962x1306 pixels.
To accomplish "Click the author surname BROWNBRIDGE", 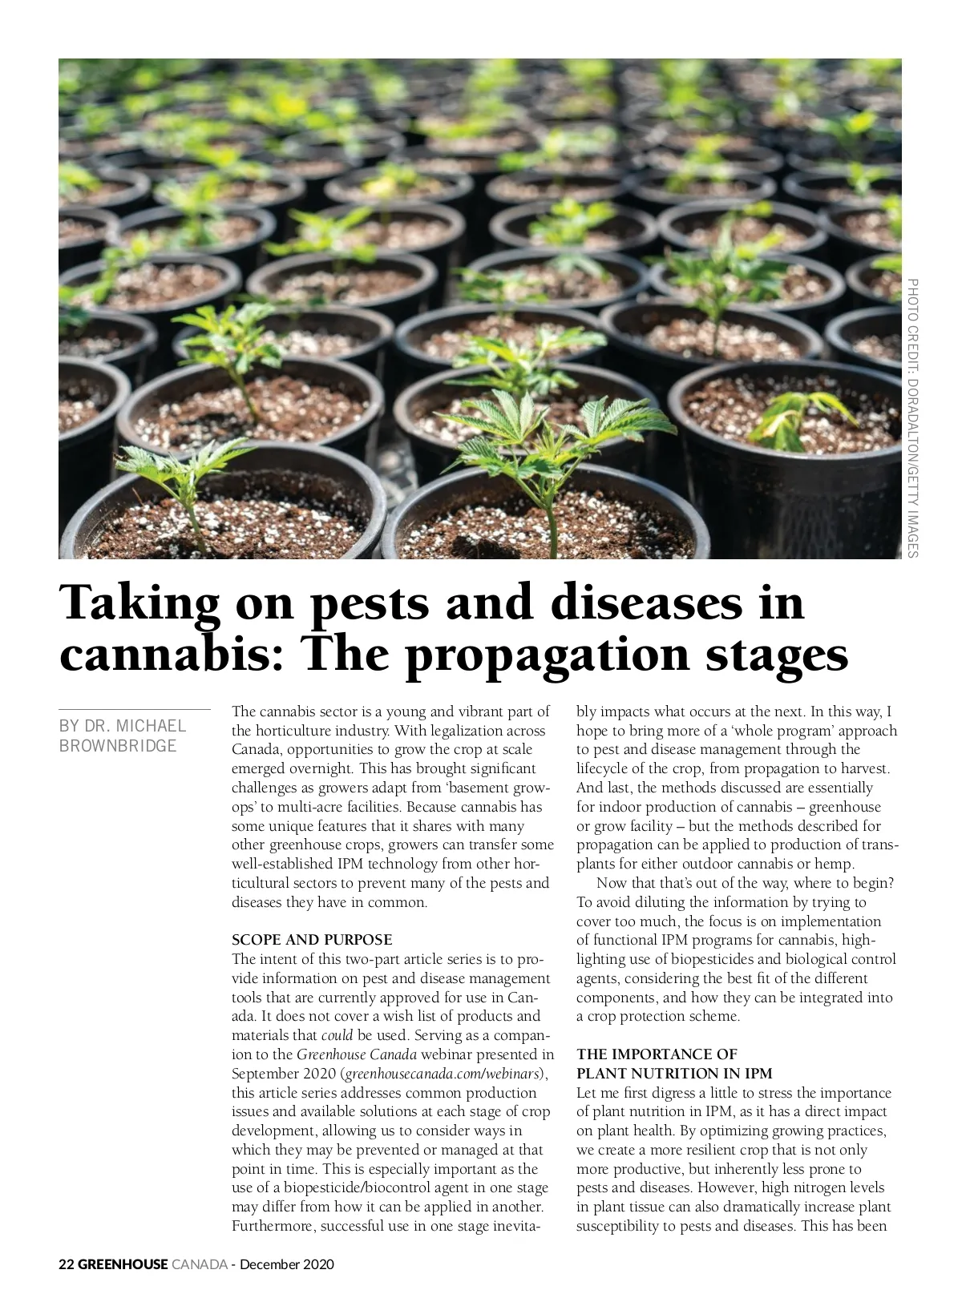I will point(118,746).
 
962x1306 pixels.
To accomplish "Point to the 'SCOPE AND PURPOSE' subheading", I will point(312,939).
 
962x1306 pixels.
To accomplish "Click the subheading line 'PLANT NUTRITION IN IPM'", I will point(674,1074).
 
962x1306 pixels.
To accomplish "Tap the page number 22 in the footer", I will point(67,1265).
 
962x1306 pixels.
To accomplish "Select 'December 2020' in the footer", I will point(287,1265).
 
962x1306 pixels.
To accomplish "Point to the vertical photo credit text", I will point(912,417).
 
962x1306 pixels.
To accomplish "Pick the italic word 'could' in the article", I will point(337,1035).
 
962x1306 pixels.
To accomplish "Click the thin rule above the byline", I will point(135,709).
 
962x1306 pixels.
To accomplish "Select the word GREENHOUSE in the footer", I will point(123,1265).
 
